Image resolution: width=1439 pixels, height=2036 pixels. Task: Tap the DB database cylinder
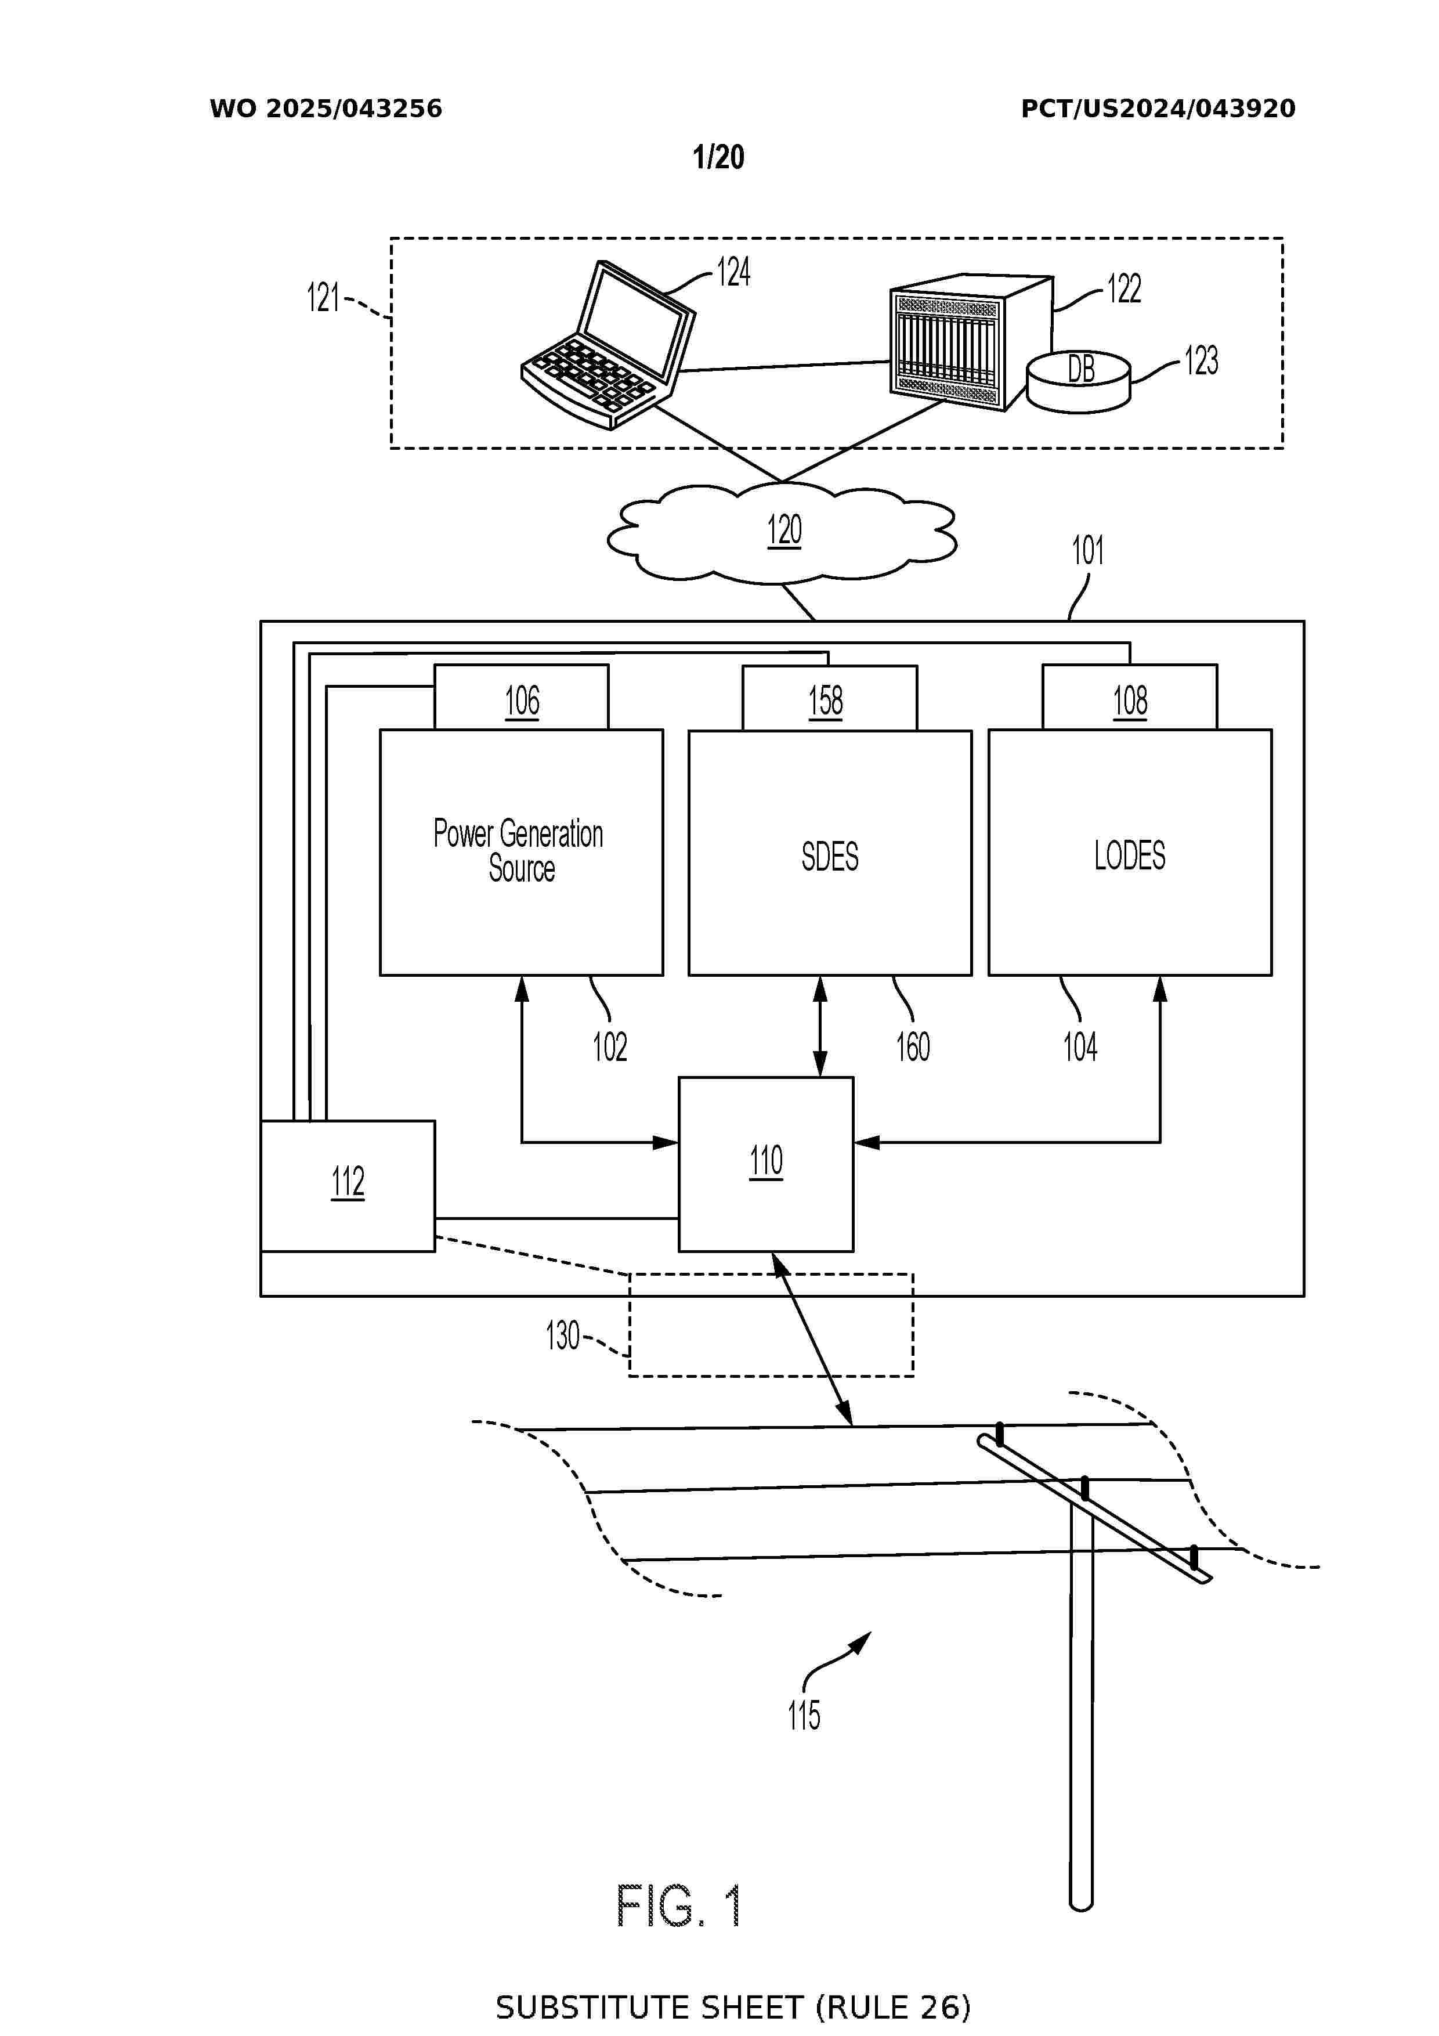tap(1078, 381)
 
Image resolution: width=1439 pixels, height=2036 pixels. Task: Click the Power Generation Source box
tap(521, 851)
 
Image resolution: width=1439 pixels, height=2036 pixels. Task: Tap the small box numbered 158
tap(829, 699)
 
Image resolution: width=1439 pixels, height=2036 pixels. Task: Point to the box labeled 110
tap(766, 1164)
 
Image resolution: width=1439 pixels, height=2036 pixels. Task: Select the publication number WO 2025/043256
tap(326, 109)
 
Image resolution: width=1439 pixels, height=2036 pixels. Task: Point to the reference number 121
tap(323, 297)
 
